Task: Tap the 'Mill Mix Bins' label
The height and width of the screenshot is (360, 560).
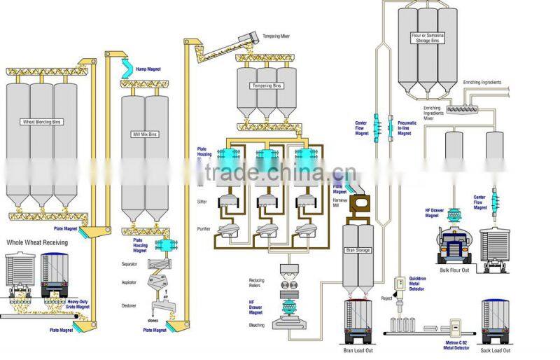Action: (x=144, y=133)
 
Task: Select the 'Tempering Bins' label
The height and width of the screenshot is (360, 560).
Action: (x=266, y=86)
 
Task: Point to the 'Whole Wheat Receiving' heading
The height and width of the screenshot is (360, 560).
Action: (x=37, y=242)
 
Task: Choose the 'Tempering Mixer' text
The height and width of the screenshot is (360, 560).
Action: (x=277, y=35)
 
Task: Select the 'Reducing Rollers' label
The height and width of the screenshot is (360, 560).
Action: (x=257, y=282)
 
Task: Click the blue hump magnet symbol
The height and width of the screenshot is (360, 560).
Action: (x=130, y=67)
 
